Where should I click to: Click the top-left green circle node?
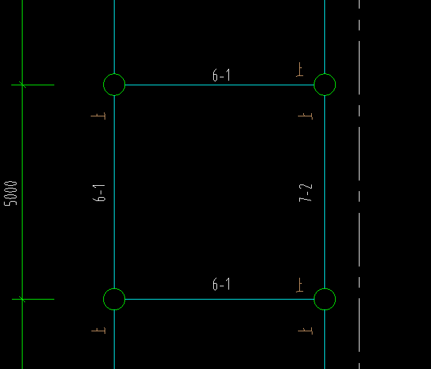click(104, 85)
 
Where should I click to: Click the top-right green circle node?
click(314, 85)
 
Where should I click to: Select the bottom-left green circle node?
click(104, 300)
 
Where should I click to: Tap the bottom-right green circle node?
click(314, 300)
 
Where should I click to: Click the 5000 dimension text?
click(11, 193)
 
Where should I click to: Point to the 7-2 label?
click(305, 193)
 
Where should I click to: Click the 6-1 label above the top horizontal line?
click(221, 75)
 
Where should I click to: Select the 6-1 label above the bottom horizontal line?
click(221, 284)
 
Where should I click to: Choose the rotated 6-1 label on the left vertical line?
click(99, 193)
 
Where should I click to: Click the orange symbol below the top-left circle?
click(99, 116)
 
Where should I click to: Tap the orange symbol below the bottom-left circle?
click(99, 330)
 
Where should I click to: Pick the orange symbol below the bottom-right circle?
click(305, 331)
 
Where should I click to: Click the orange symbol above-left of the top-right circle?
click(300, 69)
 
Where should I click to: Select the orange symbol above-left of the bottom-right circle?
click(300, 285)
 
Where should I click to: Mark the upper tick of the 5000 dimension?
click(23, 85)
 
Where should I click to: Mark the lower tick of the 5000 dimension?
click(23, 300)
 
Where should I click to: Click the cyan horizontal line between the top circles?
click(219, 85)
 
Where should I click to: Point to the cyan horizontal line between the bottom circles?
click(219, 300)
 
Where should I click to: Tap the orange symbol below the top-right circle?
click(305, 116)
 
